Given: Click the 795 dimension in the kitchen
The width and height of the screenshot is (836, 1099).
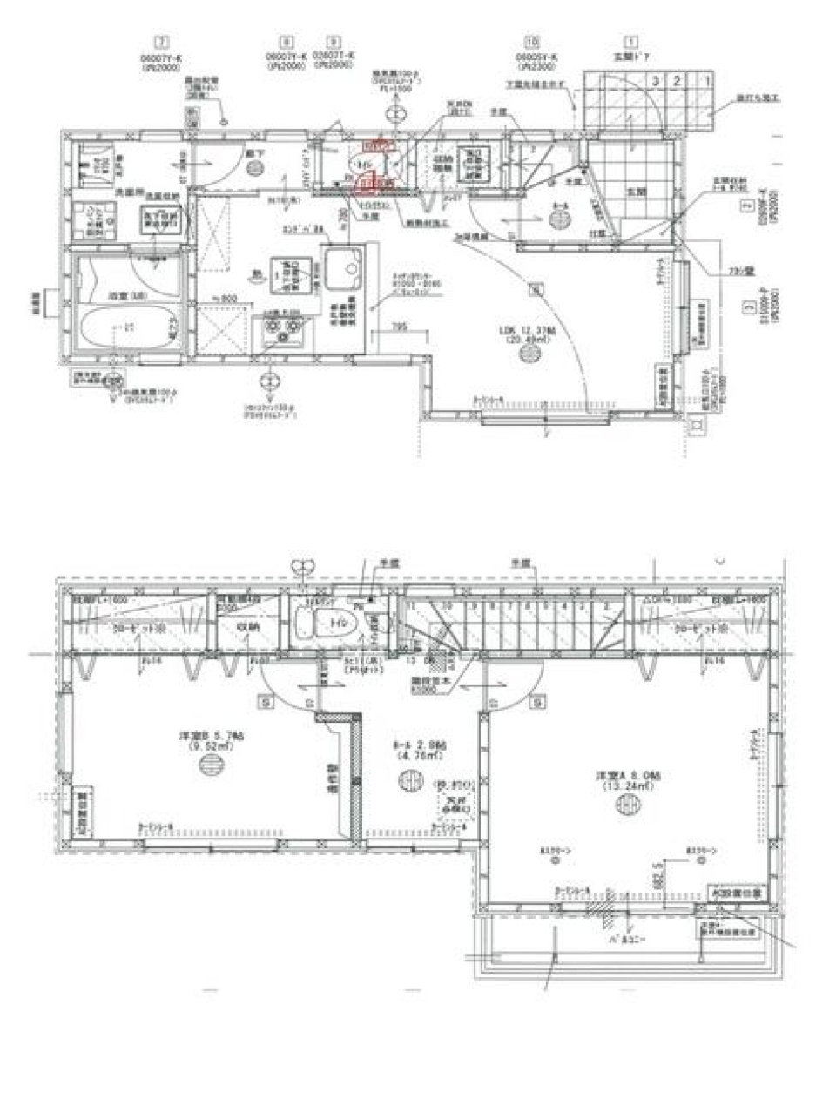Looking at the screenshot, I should click(399, 326).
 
